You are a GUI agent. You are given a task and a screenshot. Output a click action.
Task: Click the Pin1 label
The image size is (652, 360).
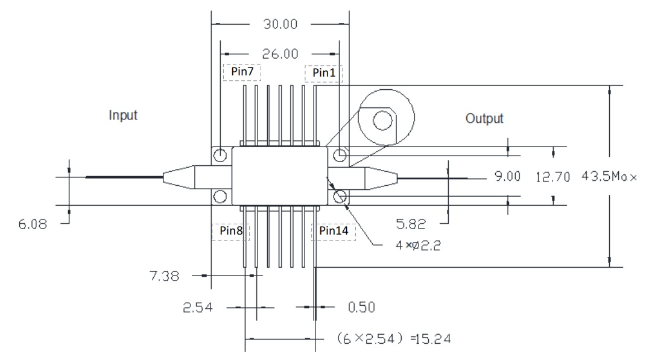click(324, 73)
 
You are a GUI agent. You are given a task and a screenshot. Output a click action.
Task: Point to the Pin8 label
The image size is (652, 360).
click(230, 231)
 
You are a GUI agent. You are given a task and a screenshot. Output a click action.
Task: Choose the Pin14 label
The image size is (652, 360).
click(333, 231)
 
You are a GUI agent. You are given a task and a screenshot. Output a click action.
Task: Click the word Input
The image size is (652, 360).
click(123, 115)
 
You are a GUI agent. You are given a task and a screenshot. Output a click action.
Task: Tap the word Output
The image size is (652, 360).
click(484, 119)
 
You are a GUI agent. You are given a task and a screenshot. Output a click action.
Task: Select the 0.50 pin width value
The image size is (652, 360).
click(361, 308)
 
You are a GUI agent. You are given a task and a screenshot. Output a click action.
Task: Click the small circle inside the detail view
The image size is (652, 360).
click(381, 120)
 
